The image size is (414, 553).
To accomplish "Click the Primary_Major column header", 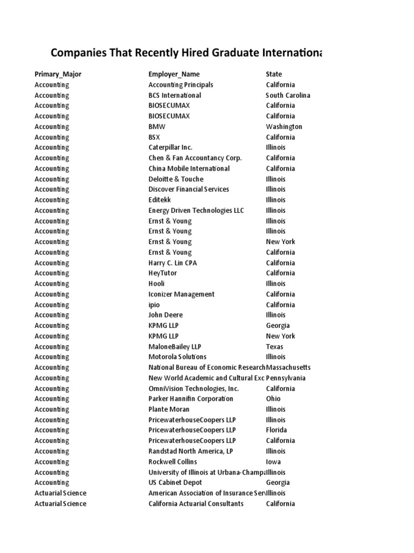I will click(58, 74).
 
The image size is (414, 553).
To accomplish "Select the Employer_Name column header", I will click(174, 74).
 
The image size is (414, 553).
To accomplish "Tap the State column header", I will click(274, 74).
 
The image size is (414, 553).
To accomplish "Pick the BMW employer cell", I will click(157, 126).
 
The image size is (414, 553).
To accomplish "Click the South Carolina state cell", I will click(288, 95).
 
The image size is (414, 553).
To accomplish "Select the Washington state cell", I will click(284, 126).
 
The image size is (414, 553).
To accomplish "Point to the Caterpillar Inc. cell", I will click(170, 147).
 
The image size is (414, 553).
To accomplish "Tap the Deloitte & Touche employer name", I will click(176, 179).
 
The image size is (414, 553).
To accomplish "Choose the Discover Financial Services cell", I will click(189, 189).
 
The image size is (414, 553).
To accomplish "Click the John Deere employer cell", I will click(165, 315).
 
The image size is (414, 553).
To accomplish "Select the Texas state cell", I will click(274, 347).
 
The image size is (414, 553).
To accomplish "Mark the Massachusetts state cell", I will click(288, 367).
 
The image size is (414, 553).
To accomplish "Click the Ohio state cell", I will click(273, 399).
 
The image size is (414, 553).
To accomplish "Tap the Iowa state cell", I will click(273, 462).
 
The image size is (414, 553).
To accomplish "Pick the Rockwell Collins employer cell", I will click(172, 462).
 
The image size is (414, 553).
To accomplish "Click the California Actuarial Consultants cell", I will click(196, 503).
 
